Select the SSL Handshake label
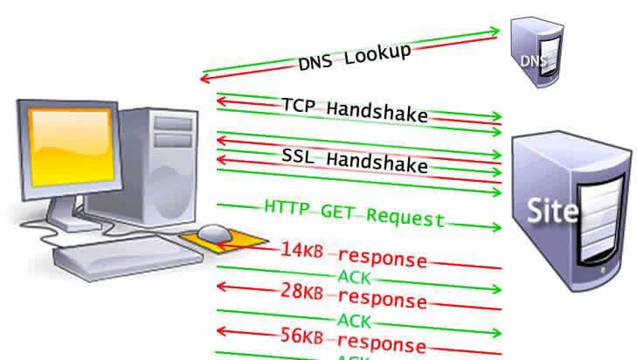pyautogui.click(x=355, y=160)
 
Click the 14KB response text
pyautogui.click(x=353, y=255)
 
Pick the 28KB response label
pyautogui.click(x=353, y=296)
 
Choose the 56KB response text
pyautogui.click(x=353, y=341)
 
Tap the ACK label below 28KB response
pyautogui.click(x=354, y=319)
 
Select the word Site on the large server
pyautogui.click(x=551, y=210)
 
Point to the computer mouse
pyautogui.click(x=211, y=232)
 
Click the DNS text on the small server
pyautogui.click(x=531, y=61)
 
